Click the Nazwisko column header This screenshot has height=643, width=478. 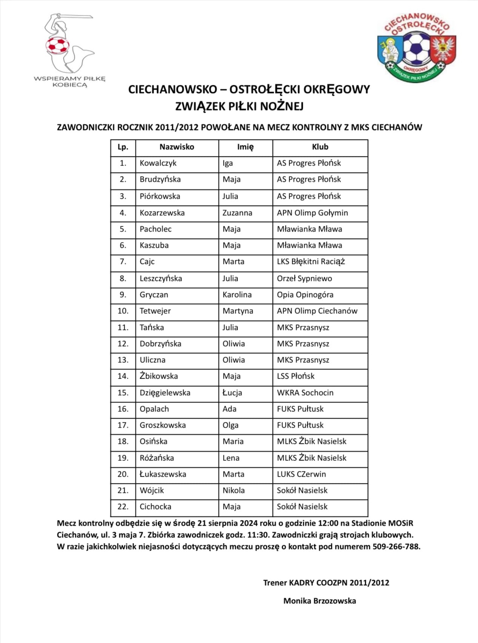pyautogui.click(x=177, y=147)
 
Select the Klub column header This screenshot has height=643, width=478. pyautogui.click(x=320, y=147)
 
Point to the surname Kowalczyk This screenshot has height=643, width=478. pyautogui.click(x=158, y=163)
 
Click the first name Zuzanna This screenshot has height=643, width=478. pyautogui.click(x=237, y=213)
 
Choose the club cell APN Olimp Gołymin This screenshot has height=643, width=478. pyautogui.click(x=312, y=213)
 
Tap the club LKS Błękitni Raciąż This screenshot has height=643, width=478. pyautogui.click(x=311, y=262)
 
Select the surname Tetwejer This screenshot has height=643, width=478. pyautogui.click(x=155, y=311)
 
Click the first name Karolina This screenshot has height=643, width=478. pyautogui.click(x=237, y=295)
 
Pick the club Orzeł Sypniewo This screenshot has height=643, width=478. pyautogui.click(x=304, y=279)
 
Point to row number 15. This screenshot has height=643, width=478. pyautogui.click(x=123, y=393)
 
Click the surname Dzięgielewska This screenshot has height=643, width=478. pyautogui.click(x=165, y=393)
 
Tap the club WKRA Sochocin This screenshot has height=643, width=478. pyautogui.click(x=305, y=393)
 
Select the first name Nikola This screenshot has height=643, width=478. pyautogui.click(x=233, y=491)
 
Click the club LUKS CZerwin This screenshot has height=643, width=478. pyautogui.click(x=301, y=474)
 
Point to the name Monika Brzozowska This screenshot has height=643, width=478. pyautogui.click(x=319, y=601)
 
